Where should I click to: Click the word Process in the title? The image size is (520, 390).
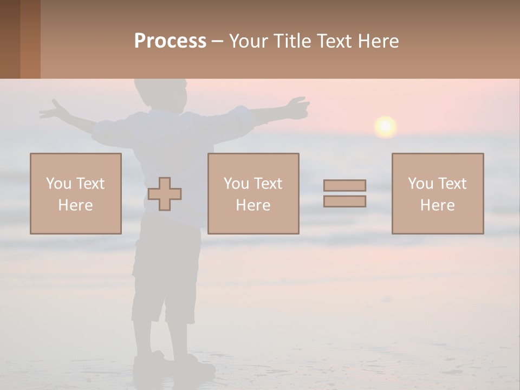tap(170, 41)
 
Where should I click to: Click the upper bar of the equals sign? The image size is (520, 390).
tap(344, 185)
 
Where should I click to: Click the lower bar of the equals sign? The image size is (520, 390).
tap(344, 201)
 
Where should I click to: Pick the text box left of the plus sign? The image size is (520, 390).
tap(76, 193)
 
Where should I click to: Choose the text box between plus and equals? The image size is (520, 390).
tap(253, 193)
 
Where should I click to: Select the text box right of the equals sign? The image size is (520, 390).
tap(438, 193)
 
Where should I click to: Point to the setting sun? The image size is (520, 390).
tap(385, 126)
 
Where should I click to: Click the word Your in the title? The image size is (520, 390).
tap(248, 41)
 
